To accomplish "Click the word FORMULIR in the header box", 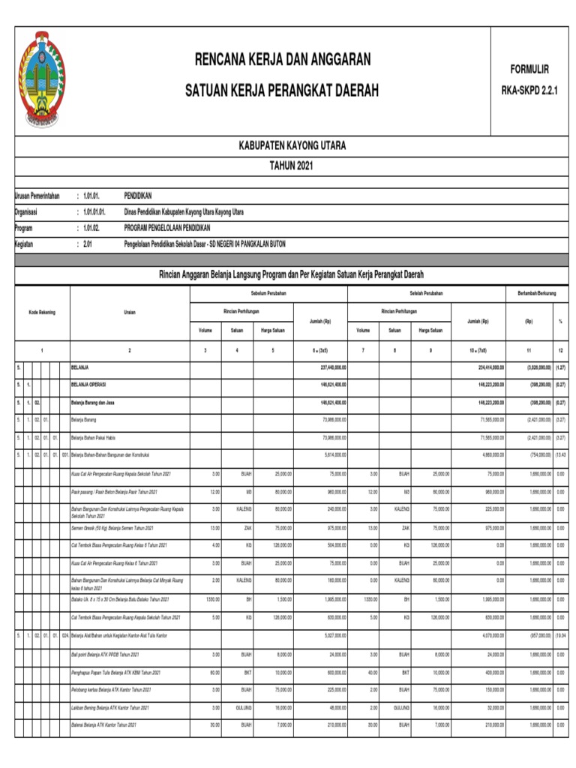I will click(x=529, y=69).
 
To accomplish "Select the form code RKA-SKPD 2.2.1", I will click(x=529, y=91).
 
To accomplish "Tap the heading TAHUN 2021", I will click(x=292, y=165).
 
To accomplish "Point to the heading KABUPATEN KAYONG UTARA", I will click(x=292, y=145).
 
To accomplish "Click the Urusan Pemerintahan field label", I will click(x=37, y=196).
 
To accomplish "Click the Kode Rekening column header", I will click(x=42, y=312).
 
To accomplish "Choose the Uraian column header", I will click(x=130, y=312).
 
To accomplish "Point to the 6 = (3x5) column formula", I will click(x=321, y=350).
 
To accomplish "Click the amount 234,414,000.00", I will click(x=486, y=368).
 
